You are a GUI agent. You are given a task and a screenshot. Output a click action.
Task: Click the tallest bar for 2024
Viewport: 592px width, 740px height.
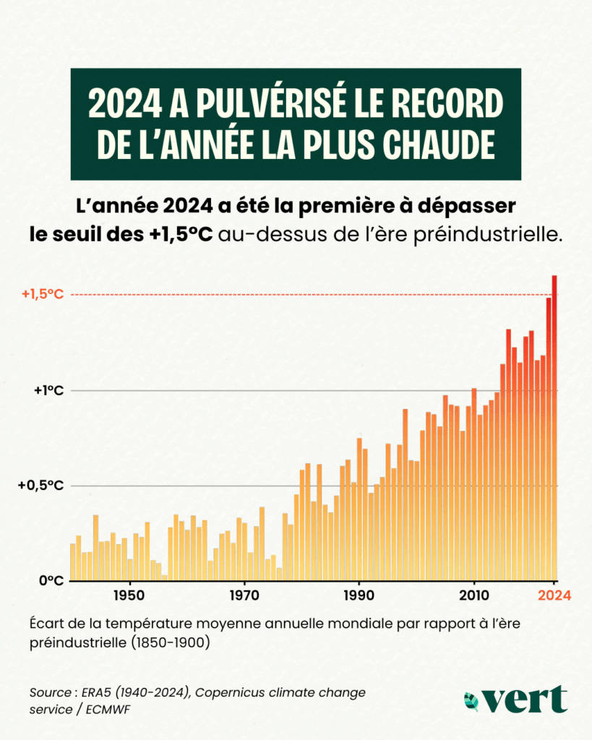tap(554, 426)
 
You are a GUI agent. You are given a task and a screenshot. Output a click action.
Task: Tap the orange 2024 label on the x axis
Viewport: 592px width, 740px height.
tap(554, 596)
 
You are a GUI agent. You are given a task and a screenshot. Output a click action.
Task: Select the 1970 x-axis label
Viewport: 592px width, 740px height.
tap(244, 596)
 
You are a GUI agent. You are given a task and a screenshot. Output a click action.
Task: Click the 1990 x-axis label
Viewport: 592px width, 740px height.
tap(359, 596)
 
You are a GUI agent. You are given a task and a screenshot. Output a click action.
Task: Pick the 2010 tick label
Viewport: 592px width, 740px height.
tap(474, 596)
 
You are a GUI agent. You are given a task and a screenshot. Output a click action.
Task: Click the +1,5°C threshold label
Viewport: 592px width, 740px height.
tap(42, 294)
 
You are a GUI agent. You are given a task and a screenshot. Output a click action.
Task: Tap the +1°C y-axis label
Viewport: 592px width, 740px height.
tap(49, 390)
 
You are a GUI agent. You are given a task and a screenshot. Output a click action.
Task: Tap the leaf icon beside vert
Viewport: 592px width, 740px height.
tap(472, 700)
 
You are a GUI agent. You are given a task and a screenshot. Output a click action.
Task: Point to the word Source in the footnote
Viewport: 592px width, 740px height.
tap(49, 692)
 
